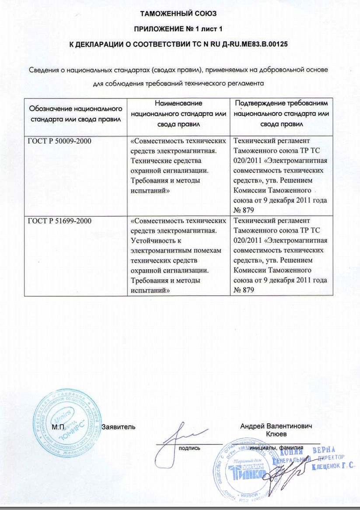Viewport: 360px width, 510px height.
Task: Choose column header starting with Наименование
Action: (x=178, y=113)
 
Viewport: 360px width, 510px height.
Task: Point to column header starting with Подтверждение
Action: (x=281, y=113)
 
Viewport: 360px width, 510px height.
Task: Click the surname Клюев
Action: (x=276, y=434)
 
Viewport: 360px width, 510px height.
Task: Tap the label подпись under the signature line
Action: (x=189, y=448)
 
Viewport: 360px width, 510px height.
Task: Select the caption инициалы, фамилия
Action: (x=279, y=448)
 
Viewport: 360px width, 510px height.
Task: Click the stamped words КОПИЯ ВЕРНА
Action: (x=304, y=451)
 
